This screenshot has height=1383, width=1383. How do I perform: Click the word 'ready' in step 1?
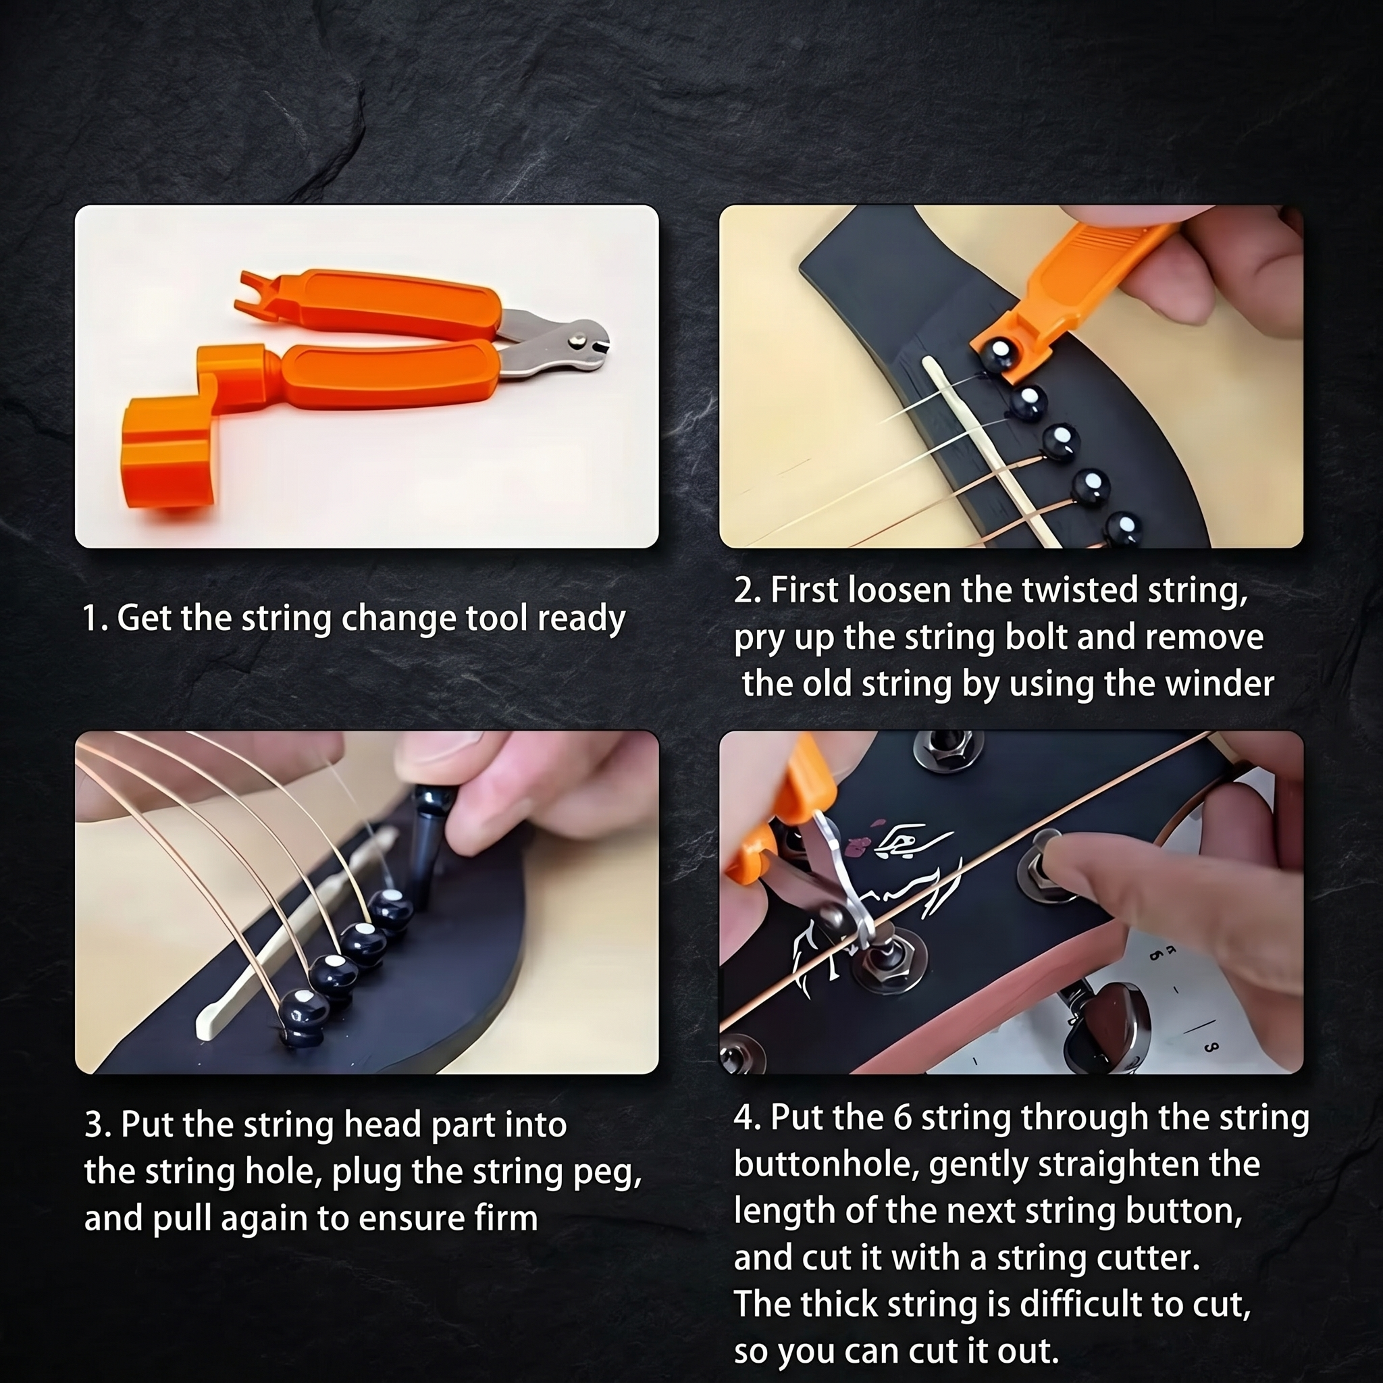581,619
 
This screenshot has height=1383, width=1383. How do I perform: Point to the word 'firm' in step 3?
505,1218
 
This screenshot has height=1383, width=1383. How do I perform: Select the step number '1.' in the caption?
95,619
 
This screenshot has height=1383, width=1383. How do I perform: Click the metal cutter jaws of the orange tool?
565,342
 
